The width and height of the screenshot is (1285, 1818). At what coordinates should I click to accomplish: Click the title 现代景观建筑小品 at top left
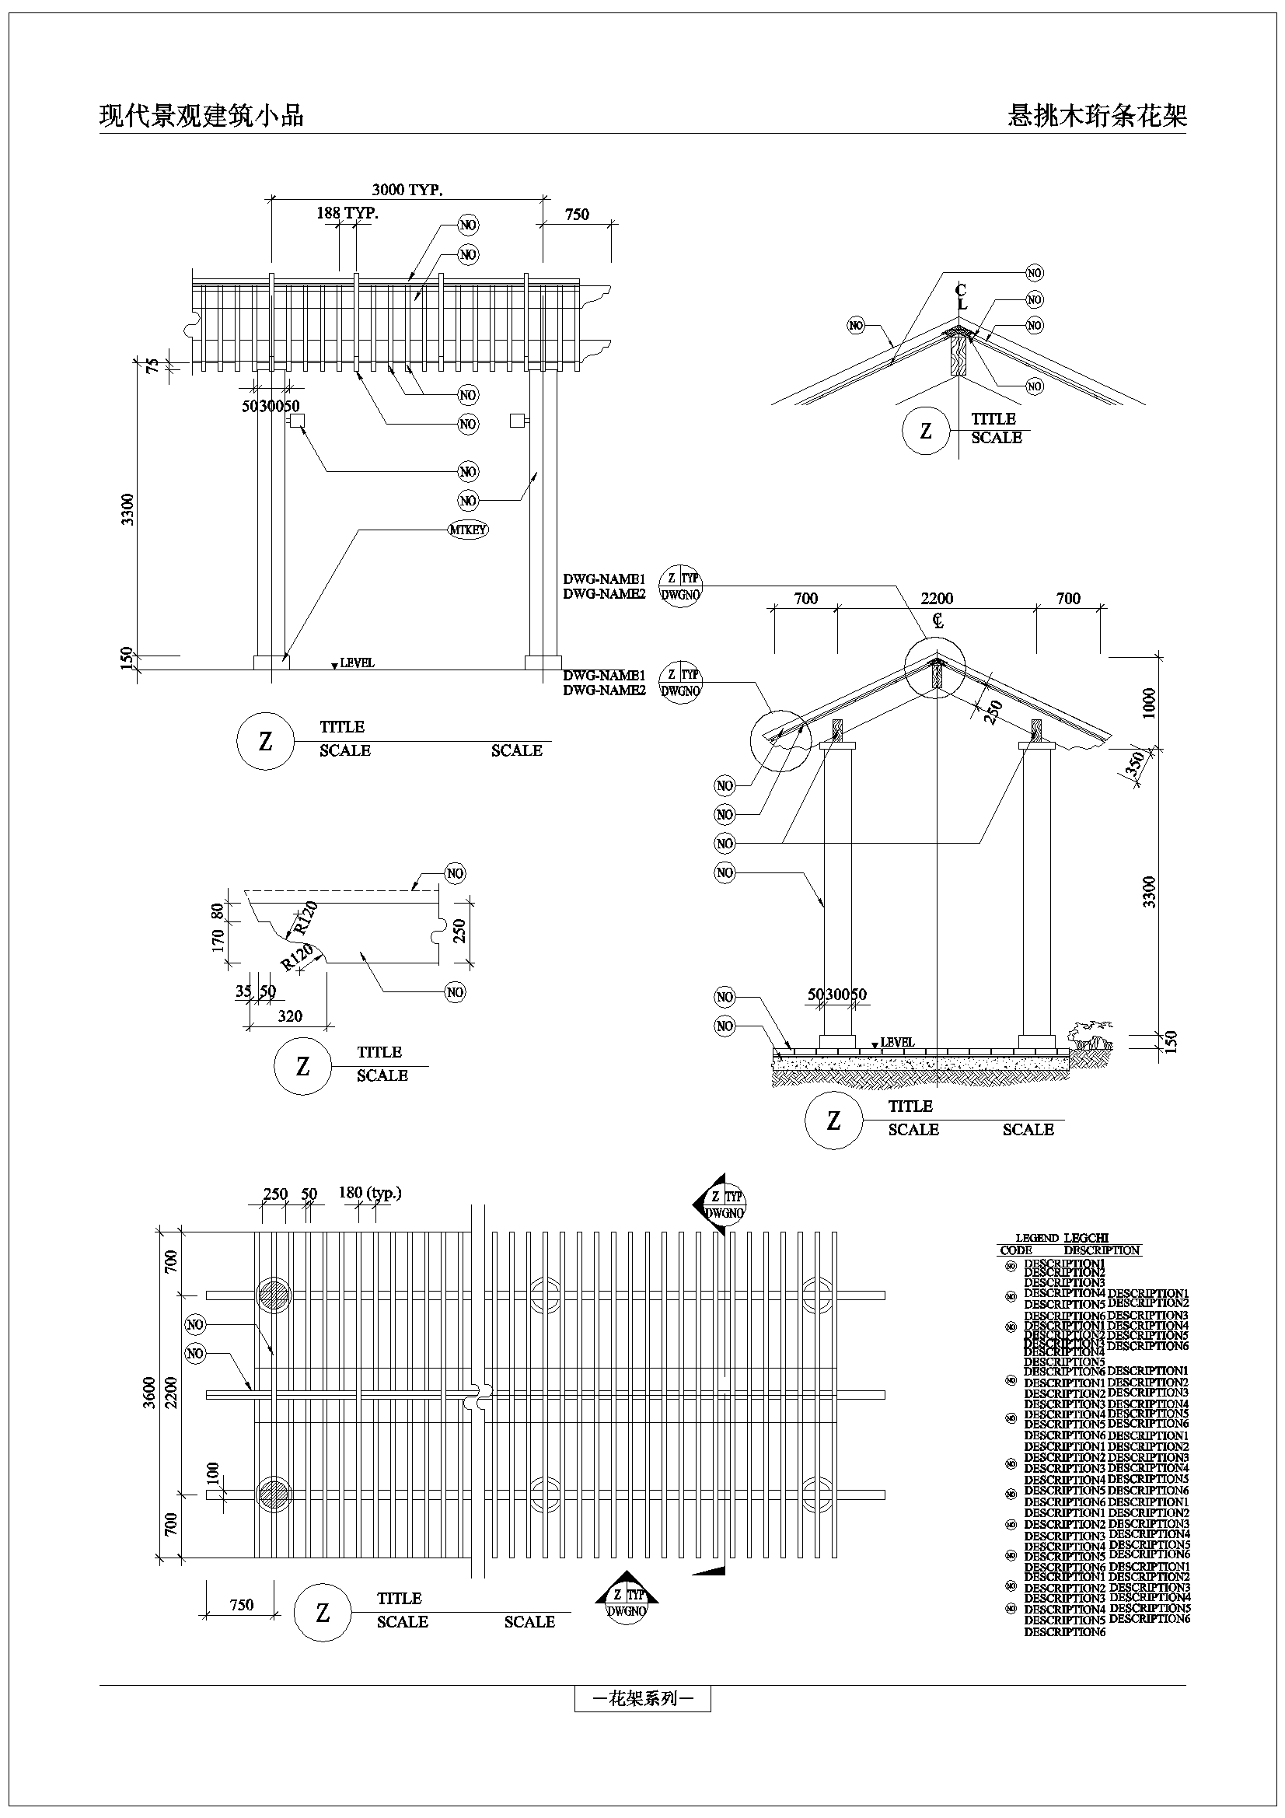click(x=201, y=117)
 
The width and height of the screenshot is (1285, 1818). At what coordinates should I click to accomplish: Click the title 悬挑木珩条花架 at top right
click(x=1097, y=117)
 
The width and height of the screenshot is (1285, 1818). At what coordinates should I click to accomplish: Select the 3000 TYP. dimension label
click(x=407, y=190)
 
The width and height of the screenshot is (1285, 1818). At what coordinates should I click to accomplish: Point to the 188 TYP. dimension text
click(x=347, y=213)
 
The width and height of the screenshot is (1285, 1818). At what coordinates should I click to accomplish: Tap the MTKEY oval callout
click(x=468, y=530)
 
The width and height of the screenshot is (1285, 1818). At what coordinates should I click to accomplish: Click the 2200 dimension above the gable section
click(x=937, y=599)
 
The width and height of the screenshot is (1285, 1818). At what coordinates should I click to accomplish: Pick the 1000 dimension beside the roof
click(x=1150, y=702)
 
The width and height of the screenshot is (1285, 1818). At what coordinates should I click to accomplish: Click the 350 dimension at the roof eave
click(x=1134, y=764)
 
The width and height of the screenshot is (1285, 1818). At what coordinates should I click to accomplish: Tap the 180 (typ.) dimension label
click(x=370, y=1193)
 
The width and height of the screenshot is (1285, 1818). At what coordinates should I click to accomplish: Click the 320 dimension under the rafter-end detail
click(x=290, y=1016)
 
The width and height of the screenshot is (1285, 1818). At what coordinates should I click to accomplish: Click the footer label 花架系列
click(x=642, y=1698)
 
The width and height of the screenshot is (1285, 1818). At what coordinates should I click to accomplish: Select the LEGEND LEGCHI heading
click(x=1062, y=1238)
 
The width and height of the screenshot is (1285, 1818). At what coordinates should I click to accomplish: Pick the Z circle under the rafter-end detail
click(x=302, y=1067)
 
